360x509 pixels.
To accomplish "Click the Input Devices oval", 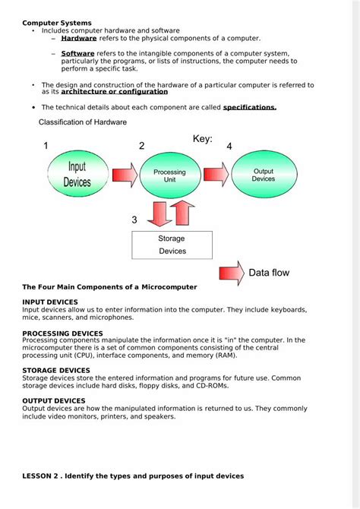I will point(79,174).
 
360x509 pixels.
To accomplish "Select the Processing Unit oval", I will point(169,176).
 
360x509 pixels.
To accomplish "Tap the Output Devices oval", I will point(263,175).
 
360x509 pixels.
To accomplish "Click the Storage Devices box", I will point(172,245).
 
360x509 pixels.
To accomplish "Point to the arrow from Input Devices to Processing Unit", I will point(125,175).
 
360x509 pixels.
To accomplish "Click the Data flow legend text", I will point(269,273).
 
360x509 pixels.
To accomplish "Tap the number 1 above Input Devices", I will point(46,146).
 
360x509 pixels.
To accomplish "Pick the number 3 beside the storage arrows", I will point(134,220).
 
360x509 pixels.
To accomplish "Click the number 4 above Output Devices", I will point(229,146).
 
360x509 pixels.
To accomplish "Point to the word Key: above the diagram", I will point(202,139).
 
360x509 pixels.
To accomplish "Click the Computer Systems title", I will point(57,23).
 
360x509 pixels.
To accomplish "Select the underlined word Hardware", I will point(79,38).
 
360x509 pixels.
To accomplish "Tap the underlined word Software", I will point(77,54).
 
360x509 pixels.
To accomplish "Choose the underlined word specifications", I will point(249,108).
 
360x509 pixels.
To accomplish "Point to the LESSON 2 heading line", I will point(133,476).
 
